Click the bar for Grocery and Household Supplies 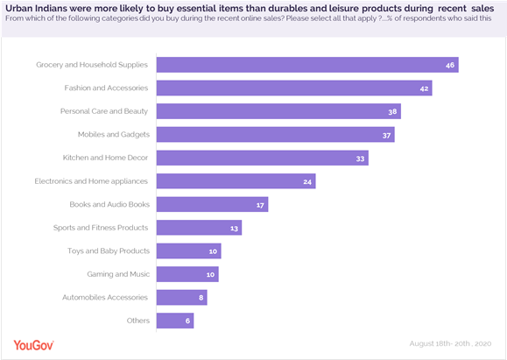[307, 65]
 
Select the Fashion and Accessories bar [294, 88]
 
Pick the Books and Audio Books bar [212, 204]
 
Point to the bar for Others [175, 321]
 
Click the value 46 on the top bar [448, 65]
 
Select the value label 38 [394, 111]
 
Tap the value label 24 [306, 181]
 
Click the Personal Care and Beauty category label [104, 111]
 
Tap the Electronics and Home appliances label [92, 181]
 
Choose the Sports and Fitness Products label [102, 228]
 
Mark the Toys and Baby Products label [109, 251]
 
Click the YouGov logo [34, 345]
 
